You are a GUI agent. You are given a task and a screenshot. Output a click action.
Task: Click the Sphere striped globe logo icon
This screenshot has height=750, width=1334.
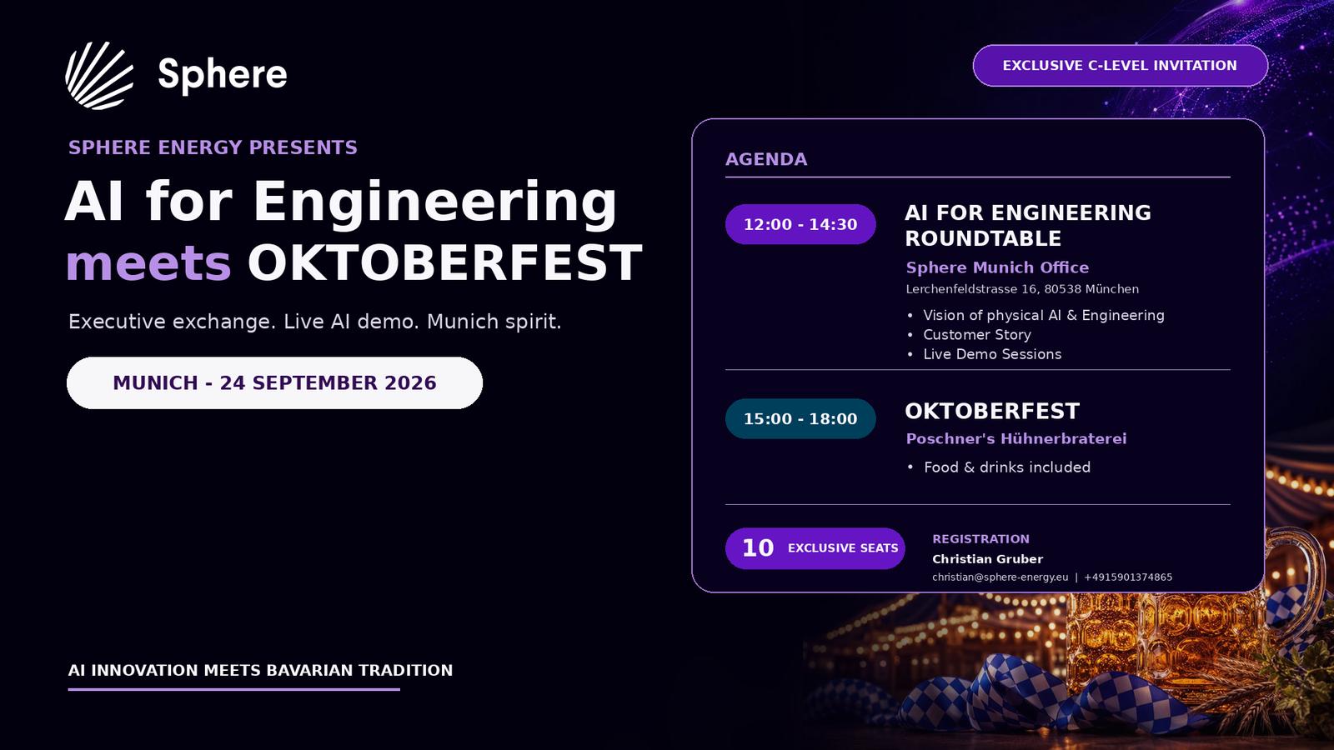point(99,76)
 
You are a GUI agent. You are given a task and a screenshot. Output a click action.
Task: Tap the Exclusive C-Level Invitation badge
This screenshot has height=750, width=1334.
point(1121,66)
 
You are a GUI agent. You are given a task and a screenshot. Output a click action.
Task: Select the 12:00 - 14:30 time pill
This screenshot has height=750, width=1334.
point(800,224)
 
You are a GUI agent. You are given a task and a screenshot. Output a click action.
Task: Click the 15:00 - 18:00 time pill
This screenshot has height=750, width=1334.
point(800,418)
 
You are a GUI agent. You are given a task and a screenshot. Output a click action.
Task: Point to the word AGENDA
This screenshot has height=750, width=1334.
point(766,159)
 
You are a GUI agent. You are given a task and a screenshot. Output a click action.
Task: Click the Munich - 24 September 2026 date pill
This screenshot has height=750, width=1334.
point(274,382)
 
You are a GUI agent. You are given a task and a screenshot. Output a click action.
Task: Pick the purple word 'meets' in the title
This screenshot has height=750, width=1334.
point(148,263)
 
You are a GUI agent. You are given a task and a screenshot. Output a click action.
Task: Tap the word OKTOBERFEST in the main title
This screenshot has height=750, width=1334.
point(445,263)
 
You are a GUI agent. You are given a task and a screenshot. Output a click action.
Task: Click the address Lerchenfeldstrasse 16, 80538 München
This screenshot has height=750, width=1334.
point(1022,289)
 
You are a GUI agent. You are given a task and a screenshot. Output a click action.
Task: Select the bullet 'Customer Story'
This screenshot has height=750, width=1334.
point(976,334)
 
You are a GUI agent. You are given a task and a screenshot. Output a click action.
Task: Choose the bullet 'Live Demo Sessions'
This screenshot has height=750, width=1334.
point(992,354)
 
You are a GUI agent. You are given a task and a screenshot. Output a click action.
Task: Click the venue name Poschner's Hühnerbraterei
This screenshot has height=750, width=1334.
point(1016,438)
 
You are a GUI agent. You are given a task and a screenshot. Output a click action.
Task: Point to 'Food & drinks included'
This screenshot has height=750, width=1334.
point(1007,467)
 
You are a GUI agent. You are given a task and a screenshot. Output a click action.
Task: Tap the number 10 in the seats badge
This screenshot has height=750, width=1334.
point(758,548)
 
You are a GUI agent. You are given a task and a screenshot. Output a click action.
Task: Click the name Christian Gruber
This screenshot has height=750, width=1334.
point(987,559)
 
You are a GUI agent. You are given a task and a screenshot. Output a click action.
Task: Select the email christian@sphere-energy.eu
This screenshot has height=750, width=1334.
point(1000,577)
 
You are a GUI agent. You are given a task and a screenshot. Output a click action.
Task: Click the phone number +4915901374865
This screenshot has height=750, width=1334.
point(1128,577)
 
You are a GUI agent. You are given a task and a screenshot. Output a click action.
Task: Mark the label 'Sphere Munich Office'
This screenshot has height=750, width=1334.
point(997,267)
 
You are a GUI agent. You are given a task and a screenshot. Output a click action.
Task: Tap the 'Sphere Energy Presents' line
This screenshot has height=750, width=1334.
point(213,147)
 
